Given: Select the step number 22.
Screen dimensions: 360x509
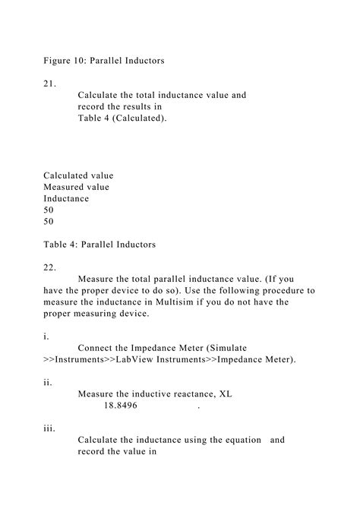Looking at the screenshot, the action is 49,267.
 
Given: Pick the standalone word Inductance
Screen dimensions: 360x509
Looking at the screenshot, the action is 66,198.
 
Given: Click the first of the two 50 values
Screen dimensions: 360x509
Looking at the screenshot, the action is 49,210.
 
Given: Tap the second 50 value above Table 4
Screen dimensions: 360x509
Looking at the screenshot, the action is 49,222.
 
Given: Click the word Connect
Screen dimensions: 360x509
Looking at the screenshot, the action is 98,347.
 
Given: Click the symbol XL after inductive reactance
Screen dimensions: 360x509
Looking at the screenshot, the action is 226,394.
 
